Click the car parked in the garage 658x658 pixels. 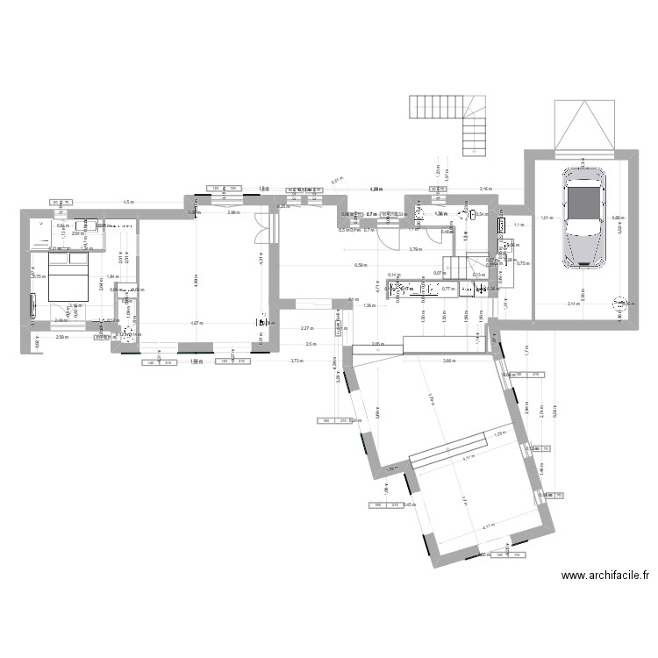583,217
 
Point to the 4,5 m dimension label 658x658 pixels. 129,202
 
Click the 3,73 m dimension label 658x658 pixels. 297,361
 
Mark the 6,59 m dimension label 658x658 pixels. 360,264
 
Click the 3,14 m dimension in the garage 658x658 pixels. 573,304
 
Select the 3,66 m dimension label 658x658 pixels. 448,361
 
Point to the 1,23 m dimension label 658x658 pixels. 501,433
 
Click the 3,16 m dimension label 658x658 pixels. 485,189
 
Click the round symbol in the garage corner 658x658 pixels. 619,303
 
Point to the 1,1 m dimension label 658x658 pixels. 518,225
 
